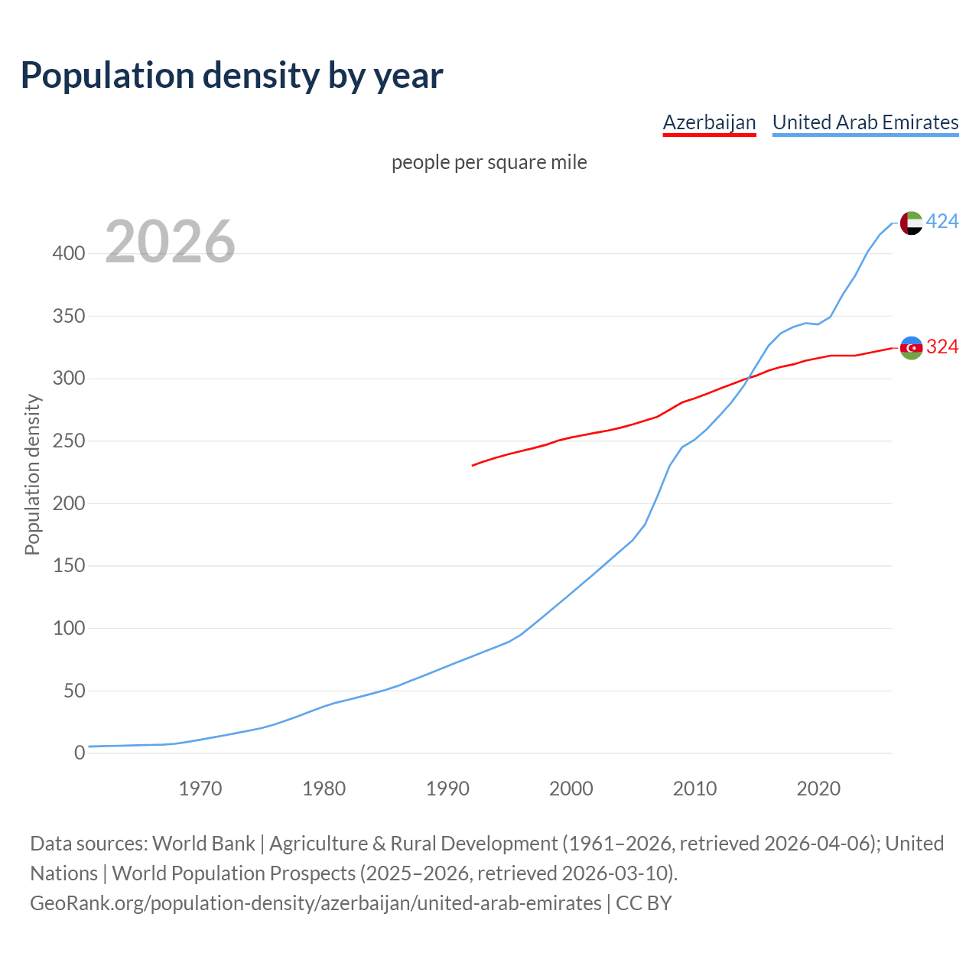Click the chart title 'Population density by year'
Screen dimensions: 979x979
pos(232,75)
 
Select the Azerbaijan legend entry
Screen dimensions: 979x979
pos(709,122)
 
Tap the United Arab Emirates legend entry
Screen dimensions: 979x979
pos(865,122)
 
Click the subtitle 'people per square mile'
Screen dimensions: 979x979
pos(489,162)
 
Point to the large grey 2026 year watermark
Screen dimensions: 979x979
pos(170,242)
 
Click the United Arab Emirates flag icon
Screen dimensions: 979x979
pos(911,223)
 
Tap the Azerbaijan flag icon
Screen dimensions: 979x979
pos(911,347)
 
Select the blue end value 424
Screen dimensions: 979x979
pos(942,222)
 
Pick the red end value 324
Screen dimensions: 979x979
pos(942,347)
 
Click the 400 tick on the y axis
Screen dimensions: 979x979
pos(69,254)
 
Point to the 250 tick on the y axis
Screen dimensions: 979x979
pos(69,441)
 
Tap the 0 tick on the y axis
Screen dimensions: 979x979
pos(80,753)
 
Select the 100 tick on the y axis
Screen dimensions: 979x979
pos(69,629)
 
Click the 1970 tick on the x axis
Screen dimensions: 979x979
pos(200,789)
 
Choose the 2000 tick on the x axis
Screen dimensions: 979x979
pos(571,789)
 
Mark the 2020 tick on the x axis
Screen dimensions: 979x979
pos(818,789)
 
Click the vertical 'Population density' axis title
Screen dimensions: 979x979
pos(32,474)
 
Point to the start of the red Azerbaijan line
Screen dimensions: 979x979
pos(473,465)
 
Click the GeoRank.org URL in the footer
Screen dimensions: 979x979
pos(315,903)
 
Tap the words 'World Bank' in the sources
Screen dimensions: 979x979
pos(203,844)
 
